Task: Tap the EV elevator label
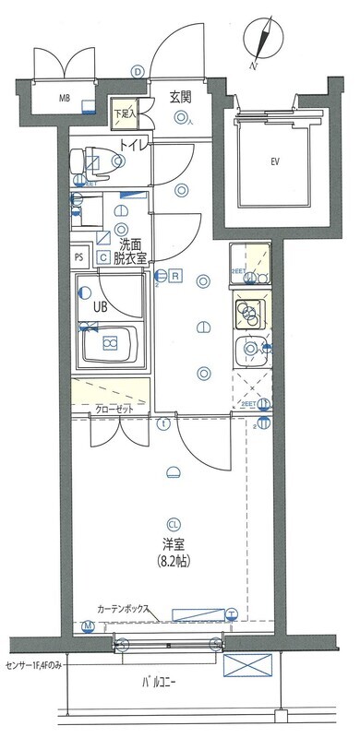[274, 162]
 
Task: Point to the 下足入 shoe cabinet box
[124, 111]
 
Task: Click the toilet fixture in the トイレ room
[92, 161]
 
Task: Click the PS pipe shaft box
[79, 257]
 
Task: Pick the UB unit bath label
[99, 305]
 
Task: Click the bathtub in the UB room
[110, 345]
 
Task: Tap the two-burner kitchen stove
[250, 315]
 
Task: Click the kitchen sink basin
[250, 351]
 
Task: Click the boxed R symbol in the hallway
[174, 275]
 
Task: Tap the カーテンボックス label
[130, 610]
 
